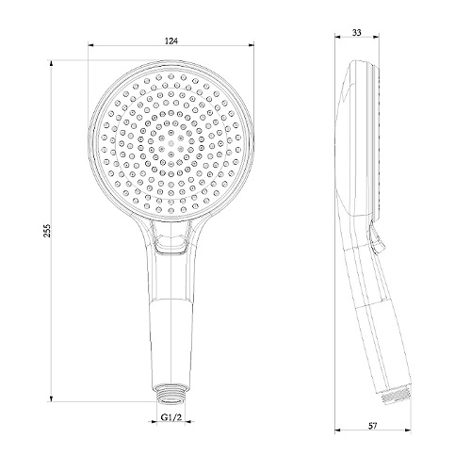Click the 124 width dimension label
[171, 41]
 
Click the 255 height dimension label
[47, 231]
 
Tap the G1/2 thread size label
[171, 417]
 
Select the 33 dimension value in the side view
[357, 32]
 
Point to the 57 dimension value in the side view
[372, 426]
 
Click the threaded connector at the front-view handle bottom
[171, 393]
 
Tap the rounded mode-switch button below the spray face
[171, 244]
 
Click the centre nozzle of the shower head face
[171, 143]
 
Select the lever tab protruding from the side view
[377, 237]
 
